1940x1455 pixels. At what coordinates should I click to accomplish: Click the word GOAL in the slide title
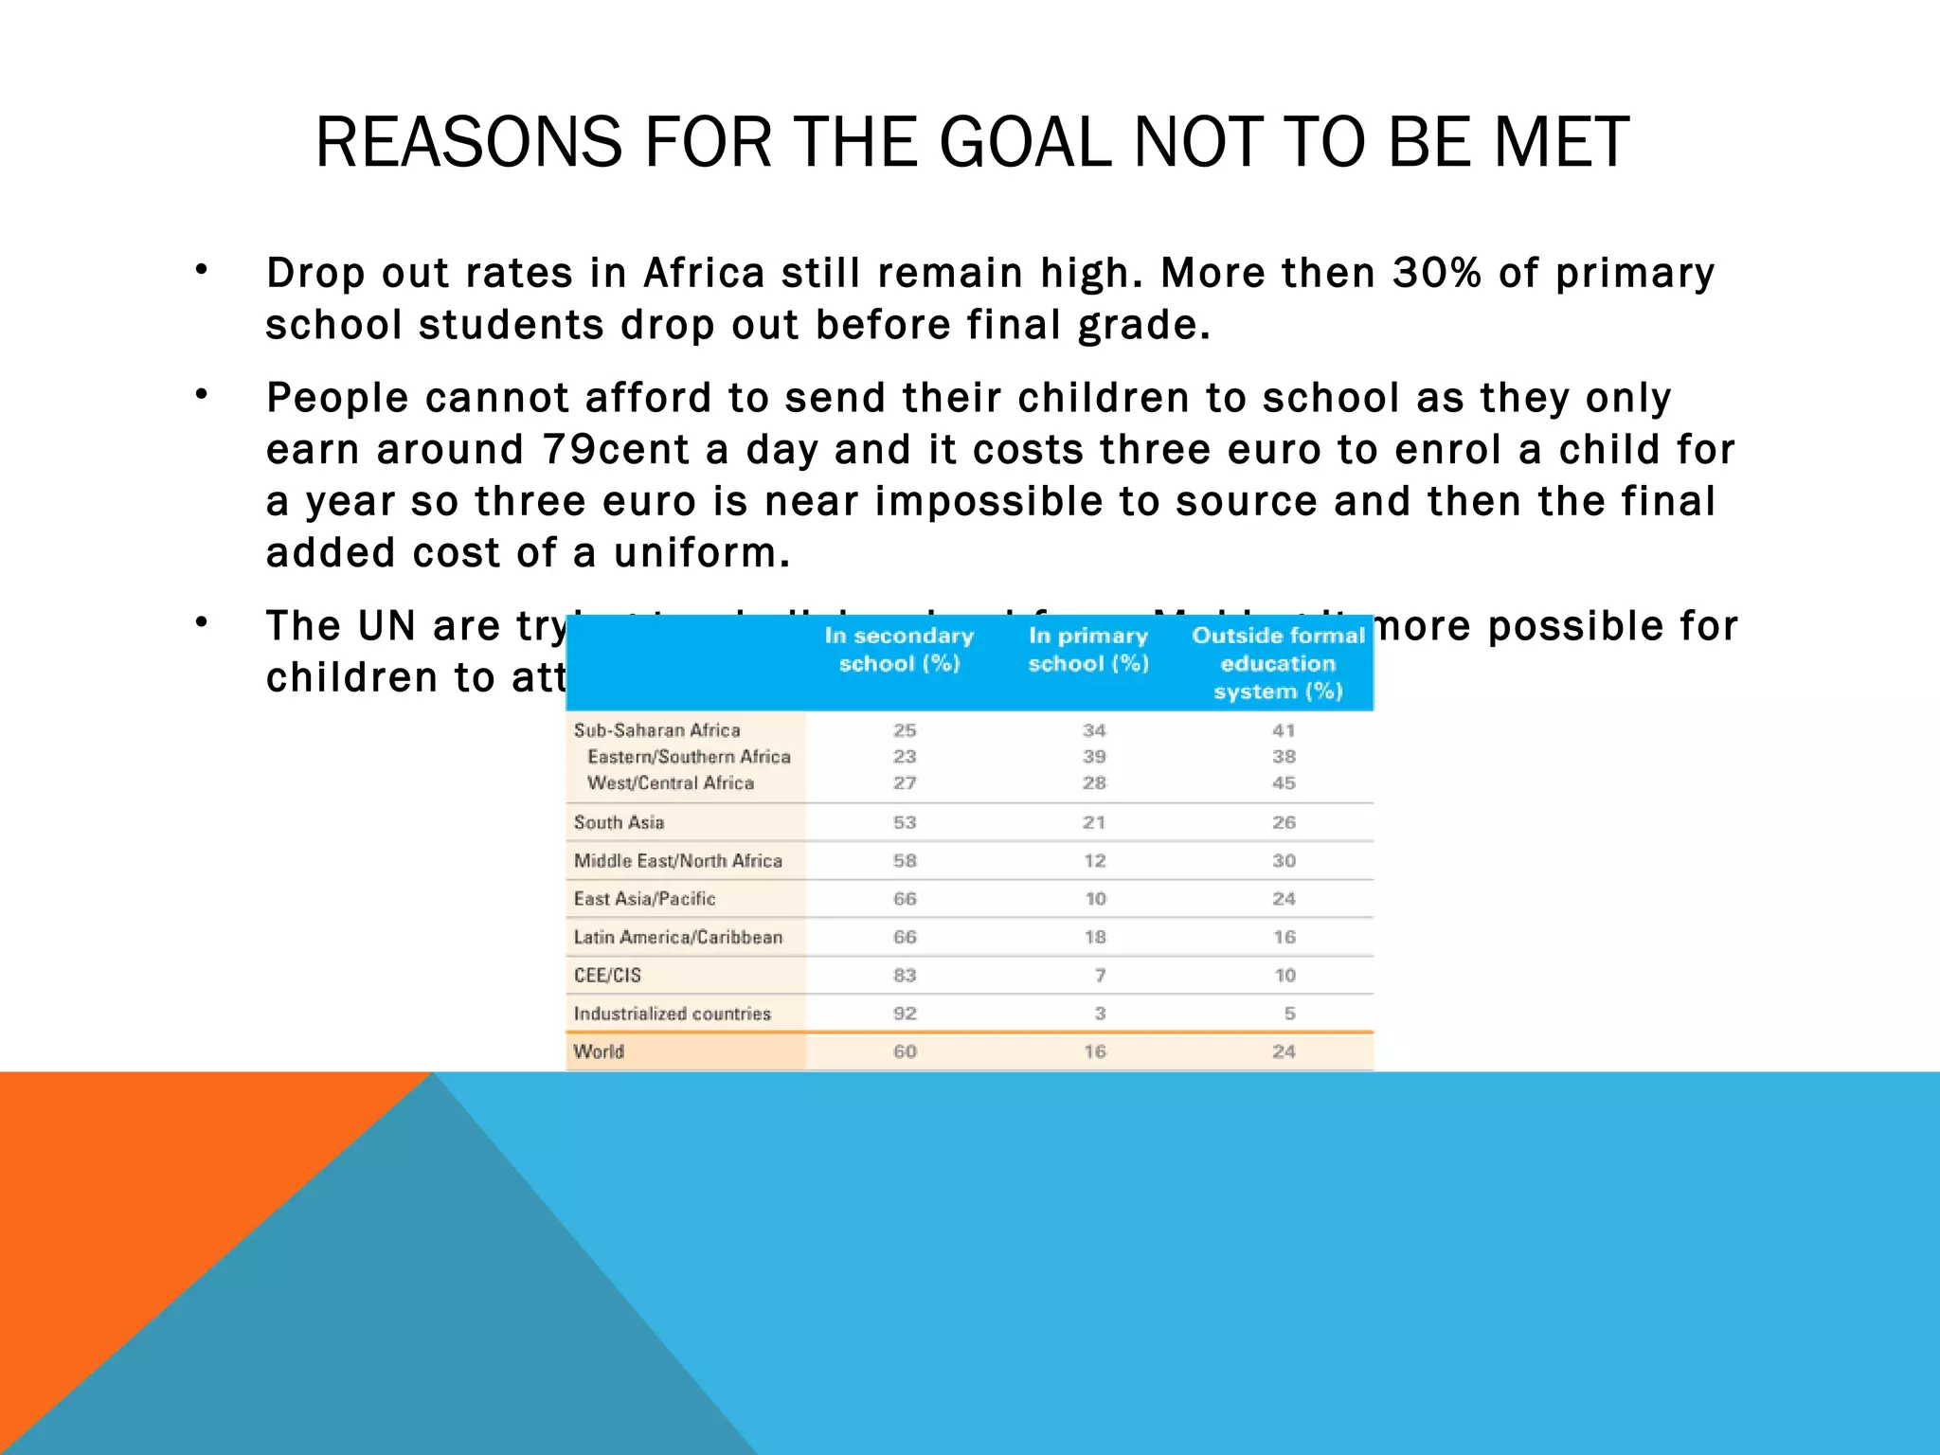1025,142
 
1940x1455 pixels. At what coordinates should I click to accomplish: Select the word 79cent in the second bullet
617,449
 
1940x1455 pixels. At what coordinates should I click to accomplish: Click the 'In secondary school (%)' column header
899,649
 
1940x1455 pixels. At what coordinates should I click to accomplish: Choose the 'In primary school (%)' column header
1088,649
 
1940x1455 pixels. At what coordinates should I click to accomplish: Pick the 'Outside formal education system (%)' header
1278,663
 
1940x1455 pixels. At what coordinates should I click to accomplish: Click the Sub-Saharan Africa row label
656,730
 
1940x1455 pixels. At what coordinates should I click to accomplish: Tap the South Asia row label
619,822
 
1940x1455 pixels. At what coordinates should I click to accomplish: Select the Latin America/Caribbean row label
678,937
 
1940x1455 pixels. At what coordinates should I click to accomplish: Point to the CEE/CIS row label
607,975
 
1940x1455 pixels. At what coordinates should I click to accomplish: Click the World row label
599,1051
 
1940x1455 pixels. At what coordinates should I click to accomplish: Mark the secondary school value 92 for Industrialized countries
905,1014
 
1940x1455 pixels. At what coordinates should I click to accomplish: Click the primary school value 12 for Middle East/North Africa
1095,861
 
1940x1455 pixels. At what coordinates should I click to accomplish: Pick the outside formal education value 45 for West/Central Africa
1284,783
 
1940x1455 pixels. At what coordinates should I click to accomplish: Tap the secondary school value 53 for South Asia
905,822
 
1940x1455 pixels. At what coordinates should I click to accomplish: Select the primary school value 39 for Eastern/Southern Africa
1094,757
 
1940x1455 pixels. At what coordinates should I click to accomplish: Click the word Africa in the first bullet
704,273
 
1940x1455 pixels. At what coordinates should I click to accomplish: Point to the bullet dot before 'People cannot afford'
201,394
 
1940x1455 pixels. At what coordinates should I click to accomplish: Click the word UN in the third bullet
387,626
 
